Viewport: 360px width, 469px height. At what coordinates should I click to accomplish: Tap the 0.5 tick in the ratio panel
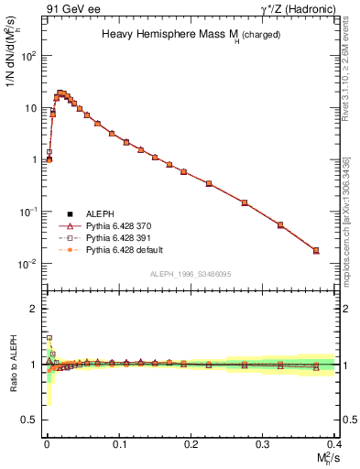pyautogui.click(x=30, y=420)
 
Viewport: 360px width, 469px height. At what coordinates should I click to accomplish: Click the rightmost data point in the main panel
pyautogui.click(x=316, y=250)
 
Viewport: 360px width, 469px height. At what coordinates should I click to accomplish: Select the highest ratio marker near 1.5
pyautogui.click(x=49, y=338)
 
